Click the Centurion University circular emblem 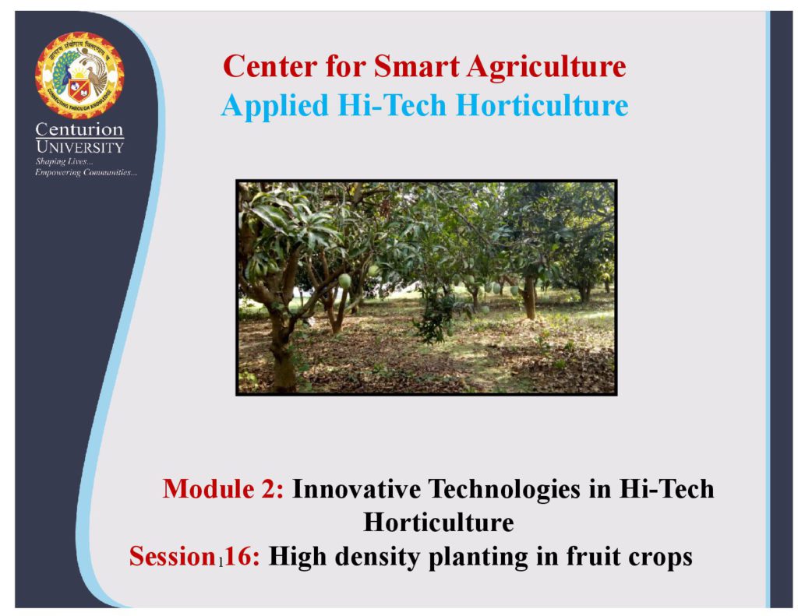click(79, 75)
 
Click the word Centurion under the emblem click(79, 129)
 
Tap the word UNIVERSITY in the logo click(80, 147)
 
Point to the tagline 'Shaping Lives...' click(64, 162)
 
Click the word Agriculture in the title click(546, 68)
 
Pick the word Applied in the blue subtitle click(275, 107)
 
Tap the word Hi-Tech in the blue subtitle click(392, 105)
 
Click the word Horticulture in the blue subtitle click(542, 105)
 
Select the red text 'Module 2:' click(223, 489)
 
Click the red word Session click(172, 556)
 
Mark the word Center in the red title click(270, 66)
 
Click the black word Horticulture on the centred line click(438, 523)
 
